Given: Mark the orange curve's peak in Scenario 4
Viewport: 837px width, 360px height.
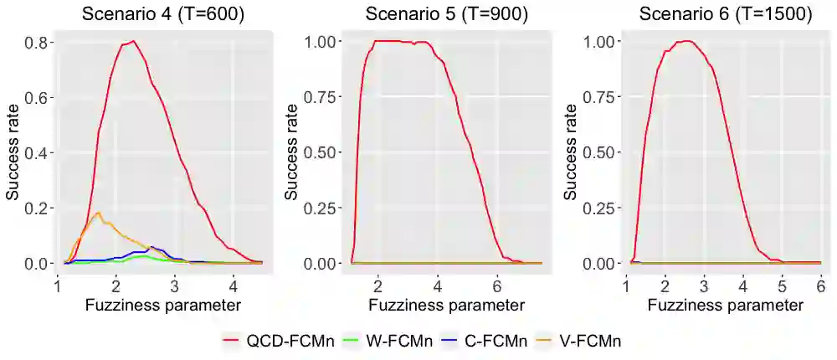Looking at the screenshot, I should pos(99,213).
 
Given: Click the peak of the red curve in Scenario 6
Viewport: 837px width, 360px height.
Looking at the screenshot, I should pos(687,41).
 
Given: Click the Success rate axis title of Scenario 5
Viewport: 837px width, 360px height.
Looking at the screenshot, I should pos(290,152).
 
